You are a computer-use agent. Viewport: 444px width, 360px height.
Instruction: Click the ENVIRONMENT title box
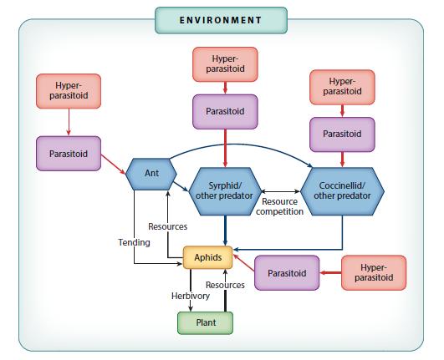pyautogui.click(x=221, y=20)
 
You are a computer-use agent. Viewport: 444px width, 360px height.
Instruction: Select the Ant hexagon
pyautogui.click(x=151, y=174)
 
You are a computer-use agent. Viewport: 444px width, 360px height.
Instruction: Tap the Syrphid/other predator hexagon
pyautogui.click(x=225, y=191)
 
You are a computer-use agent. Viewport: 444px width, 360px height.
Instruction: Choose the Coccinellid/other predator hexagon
pyautogui.click(x=342, y=191)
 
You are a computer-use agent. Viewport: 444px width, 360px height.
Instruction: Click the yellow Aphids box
pyautogui.click(x=208, y=257)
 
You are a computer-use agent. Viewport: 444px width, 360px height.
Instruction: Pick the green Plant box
pyautogui.click(x=206, y=322)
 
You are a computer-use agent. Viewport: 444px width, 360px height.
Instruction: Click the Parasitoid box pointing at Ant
pyautogui.click(x=69, y=154)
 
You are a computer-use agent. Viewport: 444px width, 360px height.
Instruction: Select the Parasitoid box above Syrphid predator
pyautogui.click(x=225, y=111)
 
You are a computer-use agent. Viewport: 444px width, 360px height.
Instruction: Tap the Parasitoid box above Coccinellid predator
pyautogui.click(x=342, y=134)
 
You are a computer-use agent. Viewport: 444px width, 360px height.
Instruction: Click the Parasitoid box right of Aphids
pyautogui.click(x=287, y=273)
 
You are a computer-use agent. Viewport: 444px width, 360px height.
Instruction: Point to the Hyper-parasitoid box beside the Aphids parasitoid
pyautogui.click(x=374, y=272)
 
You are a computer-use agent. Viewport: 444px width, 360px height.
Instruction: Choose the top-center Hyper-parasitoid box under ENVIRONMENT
pyautogui.click(x=225, y=64)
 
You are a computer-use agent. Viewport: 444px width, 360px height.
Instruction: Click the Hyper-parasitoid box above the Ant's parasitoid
pyautogui.click(x=69, y=91)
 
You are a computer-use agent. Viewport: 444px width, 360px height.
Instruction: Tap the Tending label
pyautogui.click(x=135, y=242)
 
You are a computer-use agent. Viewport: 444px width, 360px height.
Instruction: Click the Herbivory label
pyautogui.click(x=191, y=296)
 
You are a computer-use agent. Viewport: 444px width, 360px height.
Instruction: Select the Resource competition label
pyautogui.click(x=279, y=206)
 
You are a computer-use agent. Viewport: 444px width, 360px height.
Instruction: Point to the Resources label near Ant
pyautogui.click(x=167, y=226)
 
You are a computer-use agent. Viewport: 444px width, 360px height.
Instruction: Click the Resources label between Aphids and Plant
pyautogui.click(x=225, y=285)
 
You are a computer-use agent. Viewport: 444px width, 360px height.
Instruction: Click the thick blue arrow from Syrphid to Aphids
pyautogui.click(x=225, y=231)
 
